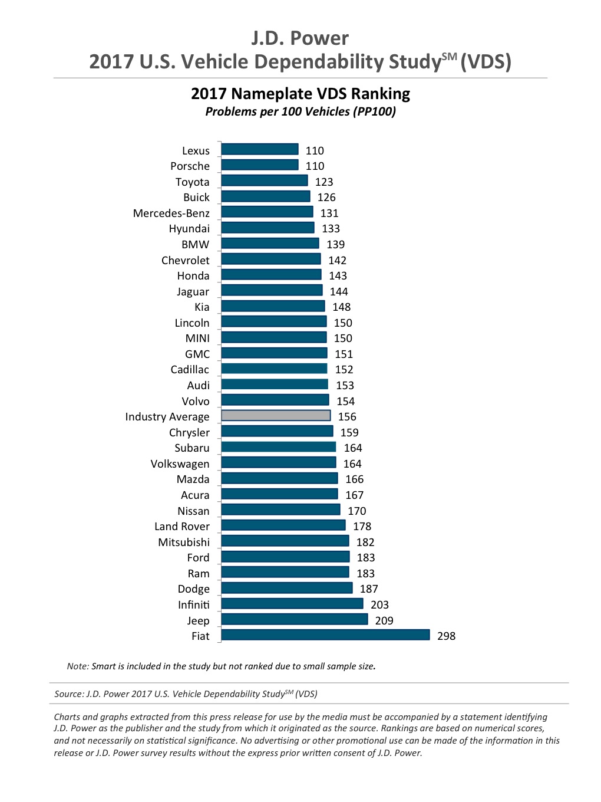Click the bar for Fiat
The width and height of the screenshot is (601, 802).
click(x=325, y=635)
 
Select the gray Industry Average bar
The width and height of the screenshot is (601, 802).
click(x=276, y=416)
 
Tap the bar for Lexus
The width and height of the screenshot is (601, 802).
click(x=260, y=150)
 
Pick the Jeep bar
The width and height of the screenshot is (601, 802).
click(x=295, y=619)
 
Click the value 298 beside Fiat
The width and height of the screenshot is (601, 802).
click(x=446, y=636)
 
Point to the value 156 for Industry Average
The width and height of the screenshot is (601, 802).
click(x=347, y=416)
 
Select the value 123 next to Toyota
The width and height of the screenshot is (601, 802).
click(x=324, y=182)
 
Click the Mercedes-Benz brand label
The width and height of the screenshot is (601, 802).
click(x=171, y=213)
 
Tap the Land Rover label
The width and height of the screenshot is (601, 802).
click(x=181, y=526)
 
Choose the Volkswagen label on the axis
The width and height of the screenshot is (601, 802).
click(x=180, y=464)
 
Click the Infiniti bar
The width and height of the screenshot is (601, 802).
click(x=292, y=604)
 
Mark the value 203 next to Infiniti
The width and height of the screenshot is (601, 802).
click(x=379, y=604)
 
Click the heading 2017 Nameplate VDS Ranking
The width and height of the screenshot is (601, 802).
click(x=300, y=94)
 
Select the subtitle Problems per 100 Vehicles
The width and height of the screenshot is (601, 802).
click(x=300, y=111)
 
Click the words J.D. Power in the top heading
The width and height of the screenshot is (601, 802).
click(x=300, y=38)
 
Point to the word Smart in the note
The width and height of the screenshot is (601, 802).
click(x=104, y=666)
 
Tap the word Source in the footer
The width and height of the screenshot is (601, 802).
click(x=68, y=694)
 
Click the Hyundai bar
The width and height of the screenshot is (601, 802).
click(x=268, y=228)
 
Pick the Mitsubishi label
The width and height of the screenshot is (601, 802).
click(x=183, y=542)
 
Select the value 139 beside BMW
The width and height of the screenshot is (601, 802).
click(x=335, y=244)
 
